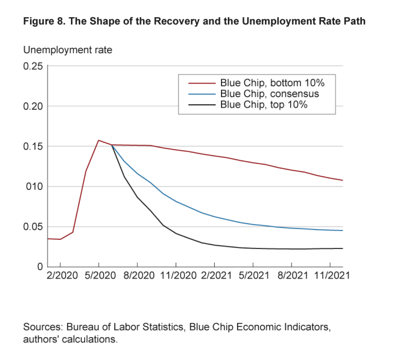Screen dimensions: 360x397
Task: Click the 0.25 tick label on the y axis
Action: click(33, 66)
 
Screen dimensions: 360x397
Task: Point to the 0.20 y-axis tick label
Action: click(33, 106)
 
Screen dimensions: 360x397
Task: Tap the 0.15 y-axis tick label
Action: click(33, 147)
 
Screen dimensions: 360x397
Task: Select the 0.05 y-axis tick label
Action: click(33, 227)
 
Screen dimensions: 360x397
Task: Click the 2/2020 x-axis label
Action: click(60, 275)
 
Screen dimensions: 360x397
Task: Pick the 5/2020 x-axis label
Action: click(99, 275)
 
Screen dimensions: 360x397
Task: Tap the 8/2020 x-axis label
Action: click(137, 275)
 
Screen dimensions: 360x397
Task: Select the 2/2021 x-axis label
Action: click(215, 275)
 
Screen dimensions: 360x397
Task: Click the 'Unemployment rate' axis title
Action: click(68, 50)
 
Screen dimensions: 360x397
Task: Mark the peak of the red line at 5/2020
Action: click(99, 140)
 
